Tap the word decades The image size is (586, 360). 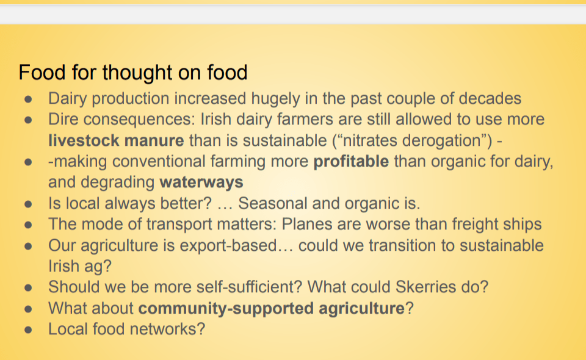point(490,99)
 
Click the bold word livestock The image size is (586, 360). point(84,140)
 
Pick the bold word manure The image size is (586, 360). point(154,141)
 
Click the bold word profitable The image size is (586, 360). point(351,161)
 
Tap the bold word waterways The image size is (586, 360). point(201,182)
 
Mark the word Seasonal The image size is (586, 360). point(273,204)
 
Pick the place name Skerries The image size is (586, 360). point(425,287)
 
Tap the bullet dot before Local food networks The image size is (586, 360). point(29,330)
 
